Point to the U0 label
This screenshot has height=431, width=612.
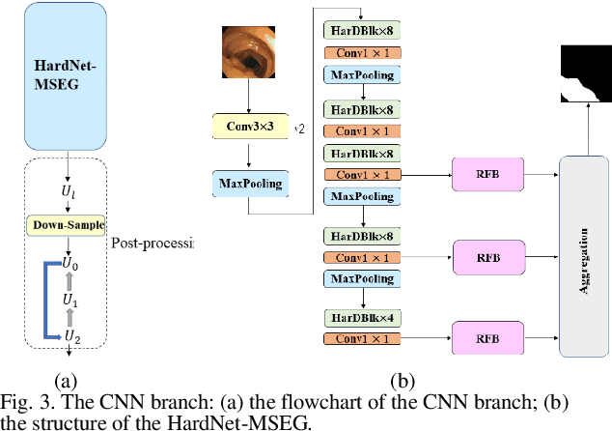pos(69,263)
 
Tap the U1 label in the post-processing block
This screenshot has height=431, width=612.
pos(69,300)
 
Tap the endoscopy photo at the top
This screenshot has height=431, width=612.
pos(249,53)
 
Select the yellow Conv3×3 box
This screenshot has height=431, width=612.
pos(249,127)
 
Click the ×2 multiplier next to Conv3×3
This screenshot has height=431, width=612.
pos(299,128)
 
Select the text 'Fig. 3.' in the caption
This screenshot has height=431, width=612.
pos(24,401)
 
